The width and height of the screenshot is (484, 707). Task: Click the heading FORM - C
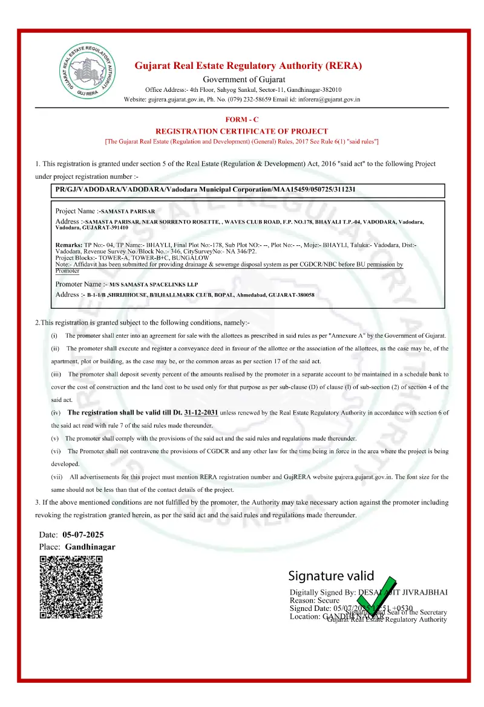click(x=242, y=120)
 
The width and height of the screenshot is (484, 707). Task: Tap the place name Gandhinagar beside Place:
click(x=90, y=546)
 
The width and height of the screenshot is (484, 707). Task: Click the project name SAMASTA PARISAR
click(x=128, y=211)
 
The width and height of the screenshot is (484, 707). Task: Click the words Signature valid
click(x=331, y=575)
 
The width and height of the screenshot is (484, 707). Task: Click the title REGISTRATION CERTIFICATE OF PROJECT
click(x=242, y=131)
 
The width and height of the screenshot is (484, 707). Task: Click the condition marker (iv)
click(x=55, y=413)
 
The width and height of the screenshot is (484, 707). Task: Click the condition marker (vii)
click(x=56, y=477)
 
